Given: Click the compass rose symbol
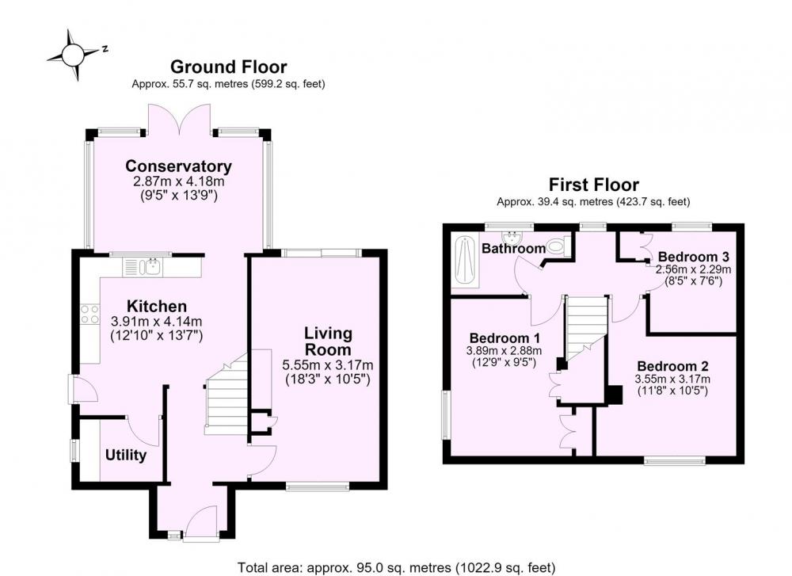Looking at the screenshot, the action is tap(73, 54).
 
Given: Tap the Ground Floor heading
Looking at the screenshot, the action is tap(228, 67).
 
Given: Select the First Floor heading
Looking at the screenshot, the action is tap(593, 185).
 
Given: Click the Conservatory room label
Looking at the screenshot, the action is tap(178, 166).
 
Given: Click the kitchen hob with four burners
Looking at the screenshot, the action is tap(90, 315).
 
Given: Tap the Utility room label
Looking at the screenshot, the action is tap(126, 456).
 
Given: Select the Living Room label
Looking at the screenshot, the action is tap(328, 341).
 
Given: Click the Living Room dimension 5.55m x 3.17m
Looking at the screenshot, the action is tap(328, 364).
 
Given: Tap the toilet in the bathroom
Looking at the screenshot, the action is tap(559, 247).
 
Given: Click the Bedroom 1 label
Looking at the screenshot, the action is tap(505, 338).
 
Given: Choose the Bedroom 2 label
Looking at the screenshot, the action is tap(672, 366).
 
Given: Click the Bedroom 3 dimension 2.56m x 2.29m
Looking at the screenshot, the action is tap(693, 269).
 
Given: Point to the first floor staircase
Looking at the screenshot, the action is tap(585, 329).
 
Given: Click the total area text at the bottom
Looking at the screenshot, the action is tap(397, 567).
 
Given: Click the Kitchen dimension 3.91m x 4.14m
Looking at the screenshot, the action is tap(156, 321).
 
